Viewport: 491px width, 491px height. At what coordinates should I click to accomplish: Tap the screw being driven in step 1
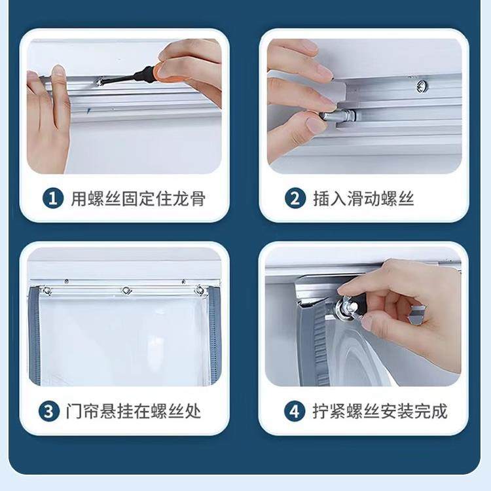pos(100,82)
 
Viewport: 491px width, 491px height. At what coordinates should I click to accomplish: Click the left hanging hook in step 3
pos(47,290)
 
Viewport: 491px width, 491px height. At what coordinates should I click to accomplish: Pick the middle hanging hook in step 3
pos(125,290)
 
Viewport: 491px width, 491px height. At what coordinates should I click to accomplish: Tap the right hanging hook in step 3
pos(199,289)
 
